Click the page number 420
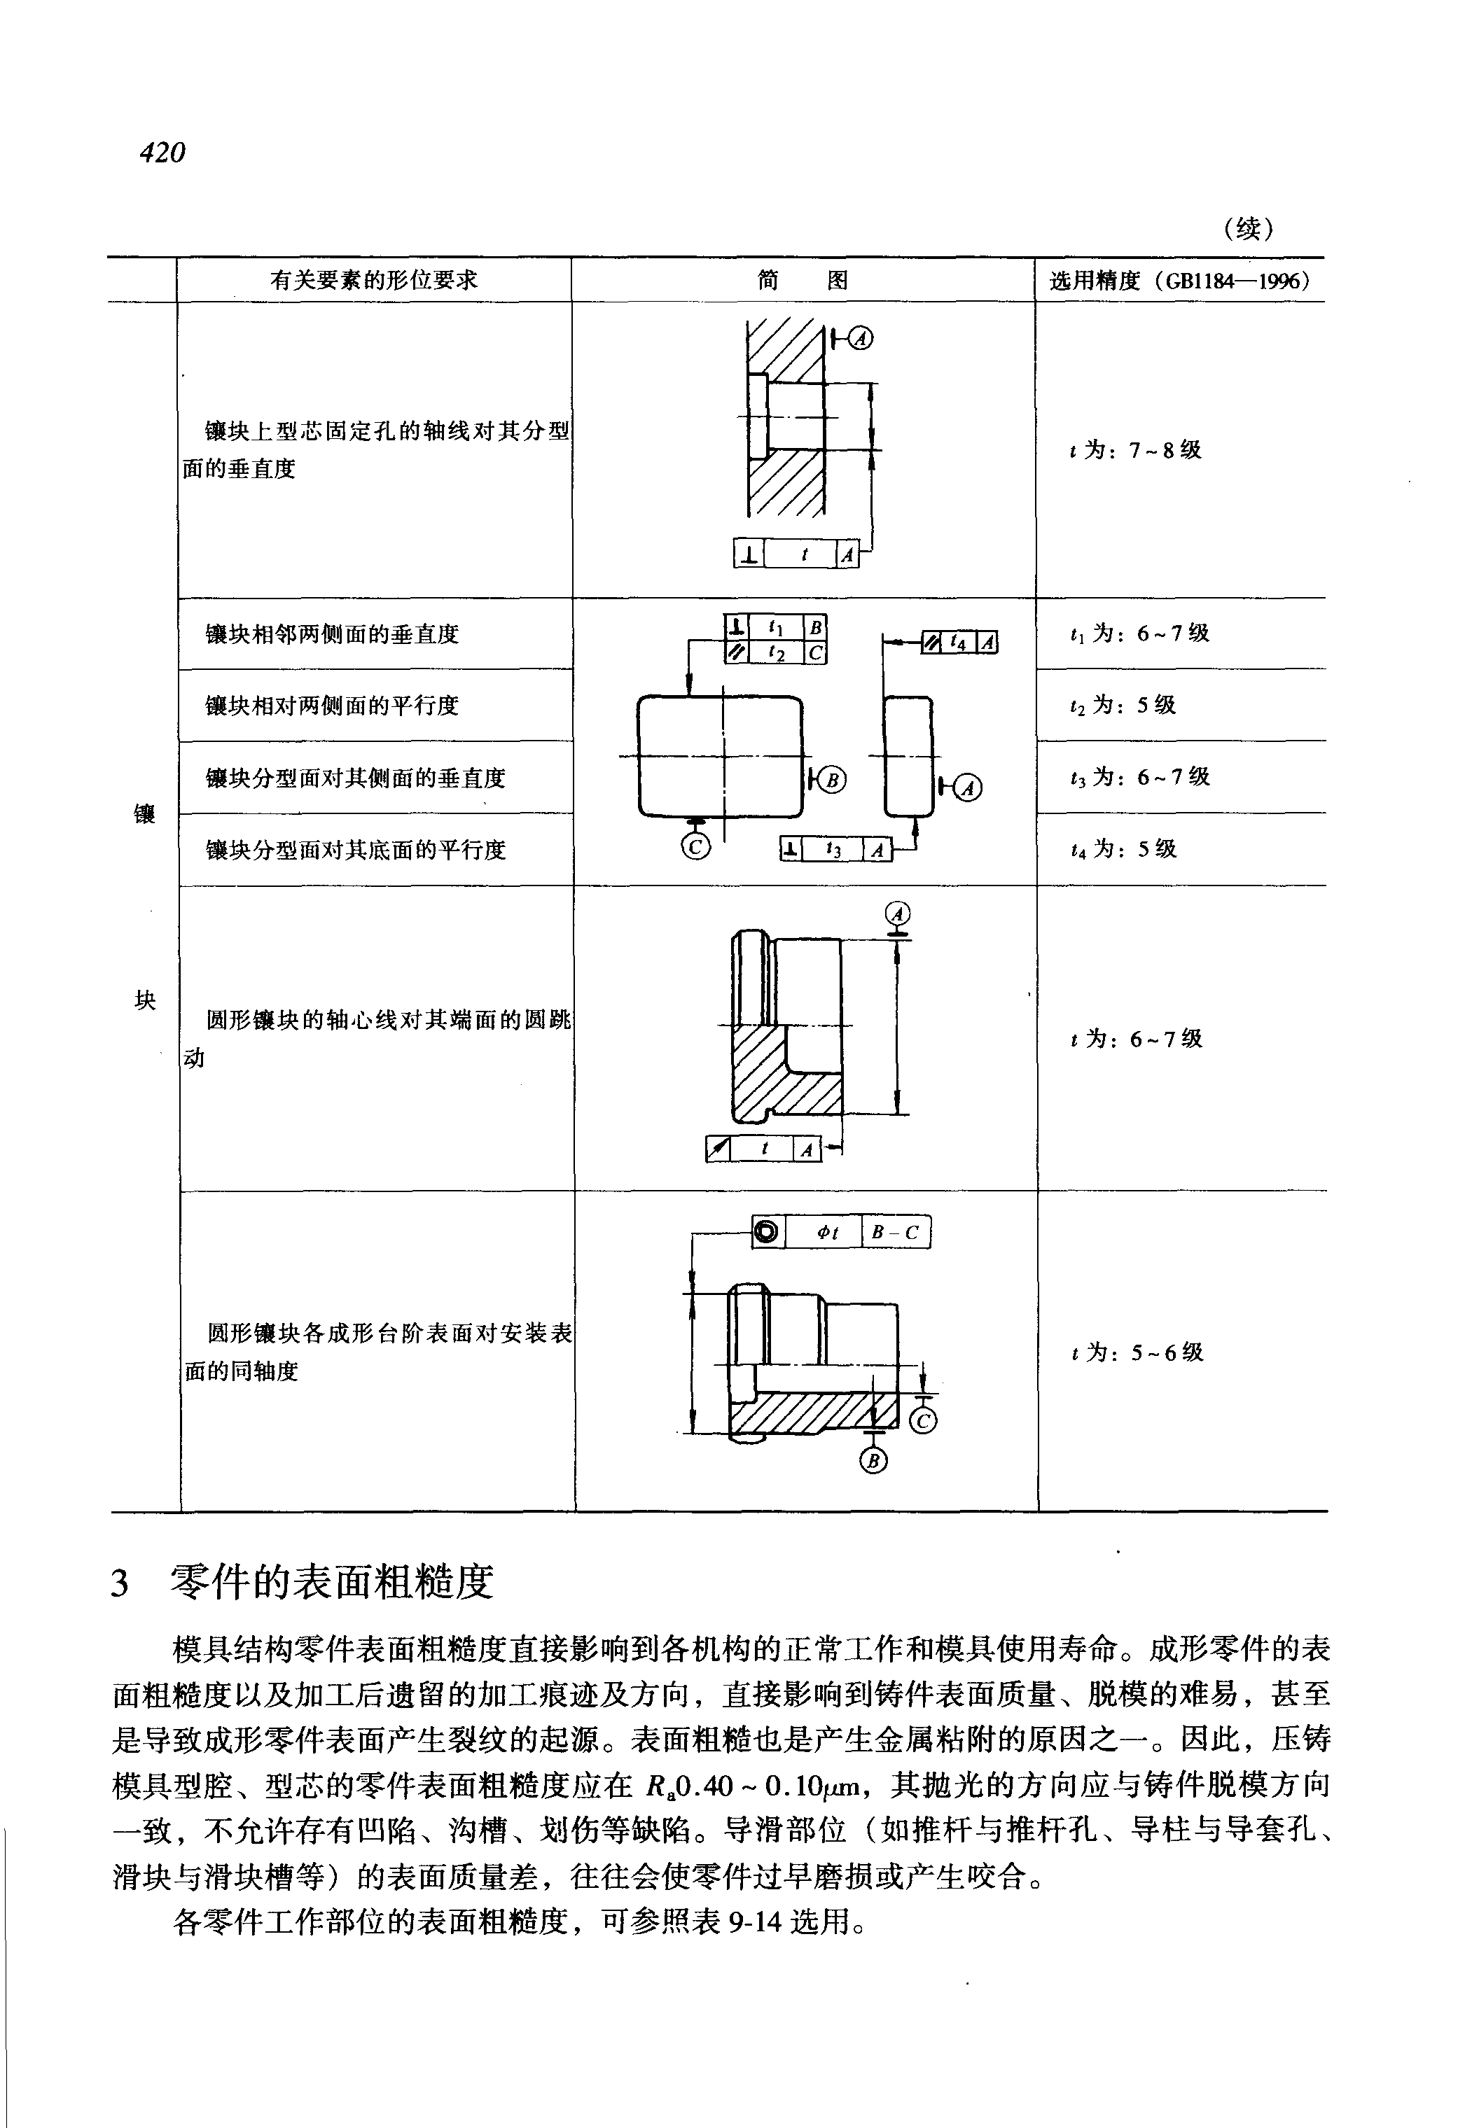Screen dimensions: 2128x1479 pos(163,152)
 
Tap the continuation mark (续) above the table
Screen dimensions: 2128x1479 pos(1247,228)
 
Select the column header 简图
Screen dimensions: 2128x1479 pos(803,280)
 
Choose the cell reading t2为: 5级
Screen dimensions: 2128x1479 pos(1123,705)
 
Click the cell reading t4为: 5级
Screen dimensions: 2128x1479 pos(1123,848)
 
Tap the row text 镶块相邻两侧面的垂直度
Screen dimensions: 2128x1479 pos(332,635)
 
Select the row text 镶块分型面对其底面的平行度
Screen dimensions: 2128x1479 pos(356,850)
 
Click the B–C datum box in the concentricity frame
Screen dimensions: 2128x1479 pos(895,1232)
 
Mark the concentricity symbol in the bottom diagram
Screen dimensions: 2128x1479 pos(768,1232)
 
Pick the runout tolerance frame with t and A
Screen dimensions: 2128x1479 pos(763,1149)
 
